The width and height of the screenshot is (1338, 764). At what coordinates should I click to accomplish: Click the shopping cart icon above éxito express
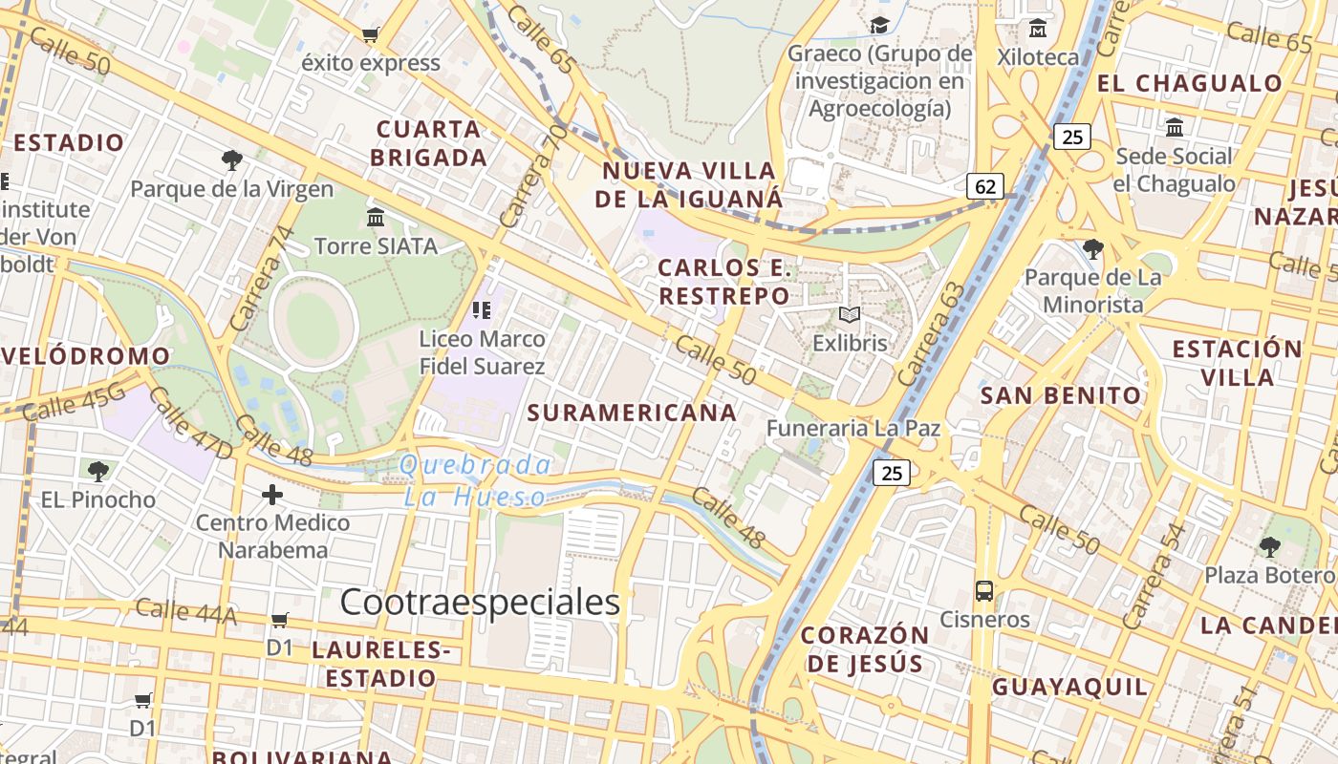pos(370,35)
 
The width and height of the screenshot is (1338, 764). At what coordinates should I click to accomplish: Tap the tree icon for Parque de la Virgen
pos(231,159)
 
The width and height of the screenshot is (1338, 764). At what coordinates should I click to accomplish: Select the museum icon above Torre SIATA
pos(376,217)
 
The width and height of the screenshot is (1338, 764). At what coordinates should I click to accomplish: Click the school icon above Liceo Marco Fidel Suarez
pos(482,309)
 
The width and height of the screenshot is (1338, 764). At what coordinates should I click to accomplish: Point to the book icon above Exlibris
pos(850,314)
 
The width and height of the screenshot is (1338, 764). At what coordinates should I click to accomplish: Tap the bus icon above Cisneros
pos(984,590)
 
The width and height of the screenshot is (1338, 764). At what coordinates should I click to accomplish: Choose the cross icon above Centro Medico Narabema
pos(272,495)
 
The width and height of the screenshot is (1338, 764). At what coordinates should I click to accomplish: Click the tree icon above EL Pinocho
pos(97,471)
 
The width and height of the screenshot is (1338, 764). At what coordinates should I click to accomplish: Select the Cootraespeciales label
pos(480,602)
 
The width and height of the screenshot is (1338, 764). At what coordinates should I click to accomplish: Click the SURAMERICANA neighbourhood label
pos(632,413)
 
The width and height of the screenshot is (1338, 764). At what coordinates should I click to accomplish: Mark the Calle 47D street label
pos(190,422)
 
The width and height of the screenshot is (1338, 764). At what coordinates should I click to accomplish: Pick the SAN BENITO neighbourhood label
pos(1061,395)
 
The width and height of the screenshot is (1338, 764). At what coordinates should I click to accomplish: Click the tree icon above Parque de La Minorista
pos(1093,249)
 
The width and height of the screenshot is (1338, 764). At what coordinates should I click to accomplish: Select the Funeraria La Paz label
pos(853,429)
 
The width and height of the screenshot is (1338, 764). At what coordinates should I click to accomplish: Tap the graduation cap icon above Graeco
pos(879,26)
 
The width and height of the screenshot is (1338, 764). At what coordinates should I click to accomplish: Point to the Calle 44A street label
pos(185,611)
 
